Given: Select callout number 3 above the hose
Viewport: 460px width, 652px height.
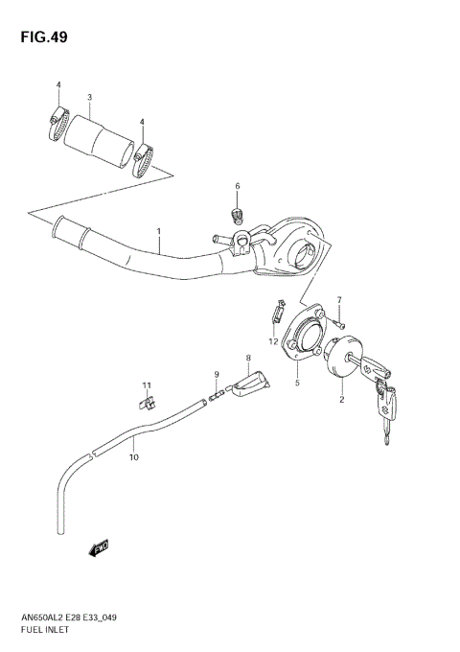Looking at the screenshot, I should [89, 98].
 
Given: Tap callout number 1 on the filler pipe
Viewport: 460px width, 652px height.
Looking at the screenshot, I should [159, 231].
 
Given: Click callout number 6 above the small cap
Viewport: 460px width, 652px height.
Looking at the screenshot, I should [238, 186].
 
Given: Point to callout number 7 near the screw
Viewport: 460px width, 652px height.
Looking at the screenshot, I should [338, 300].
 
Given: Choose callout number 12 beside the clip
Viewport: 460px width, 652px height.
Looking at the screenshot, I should [273, 341].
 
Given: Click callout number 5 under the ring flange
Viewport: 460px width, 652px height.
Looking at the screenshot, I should [297, 383].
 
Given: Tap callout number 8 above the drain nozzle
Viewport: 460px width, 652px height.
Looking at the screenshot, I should [247, 359].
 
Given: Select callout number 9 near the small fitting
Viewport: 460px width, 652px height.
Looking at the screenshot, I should [217, 374].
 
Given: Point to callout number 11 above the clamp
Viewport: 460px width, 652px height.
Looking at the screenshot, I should [148, 385].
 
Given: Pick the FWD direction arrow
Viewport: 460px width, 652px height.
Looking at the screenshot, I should [99, 547].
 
